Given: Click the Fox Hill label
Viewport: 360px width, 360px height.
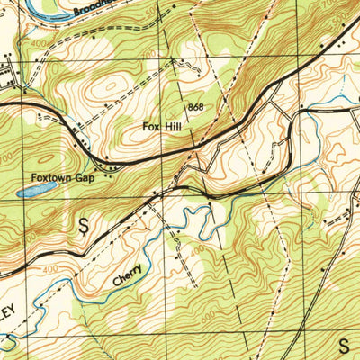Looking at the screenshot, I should tap(163, 127).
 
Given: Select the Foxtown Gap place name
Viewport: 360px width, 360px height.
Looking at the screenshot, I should tap(64, 177).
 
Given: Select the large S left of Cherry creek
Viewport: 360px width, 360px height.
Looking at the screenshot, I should tap(85, 226).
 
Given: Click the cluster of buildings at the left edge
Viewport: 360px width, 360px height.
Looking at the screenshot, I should tap(11, 76).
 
